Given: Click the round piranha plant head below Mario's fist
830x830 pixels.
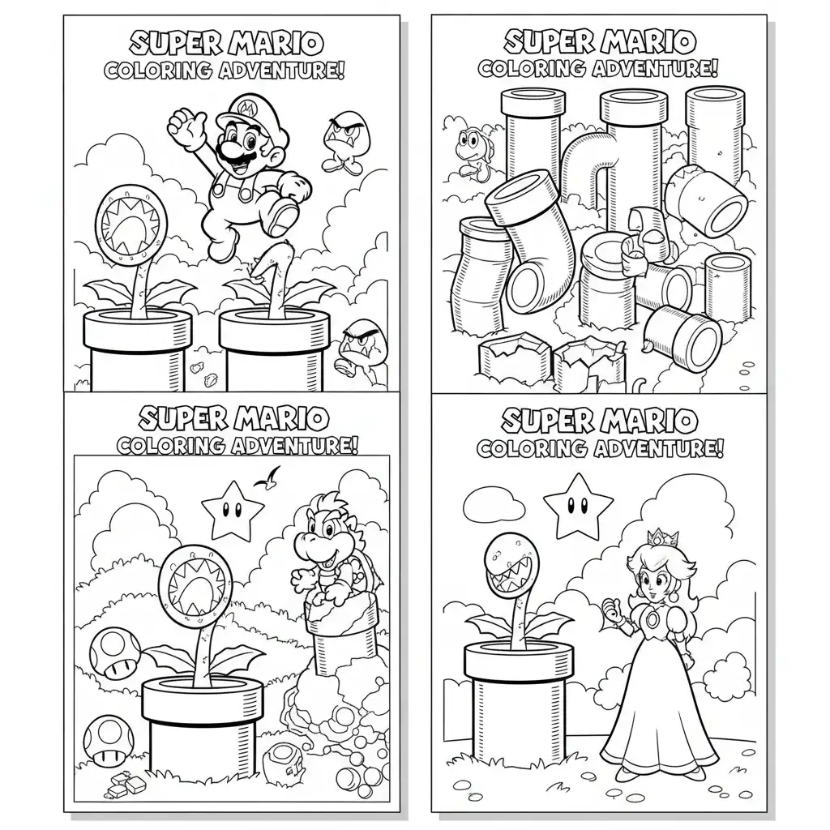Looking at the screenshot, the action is coord(130,225).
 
